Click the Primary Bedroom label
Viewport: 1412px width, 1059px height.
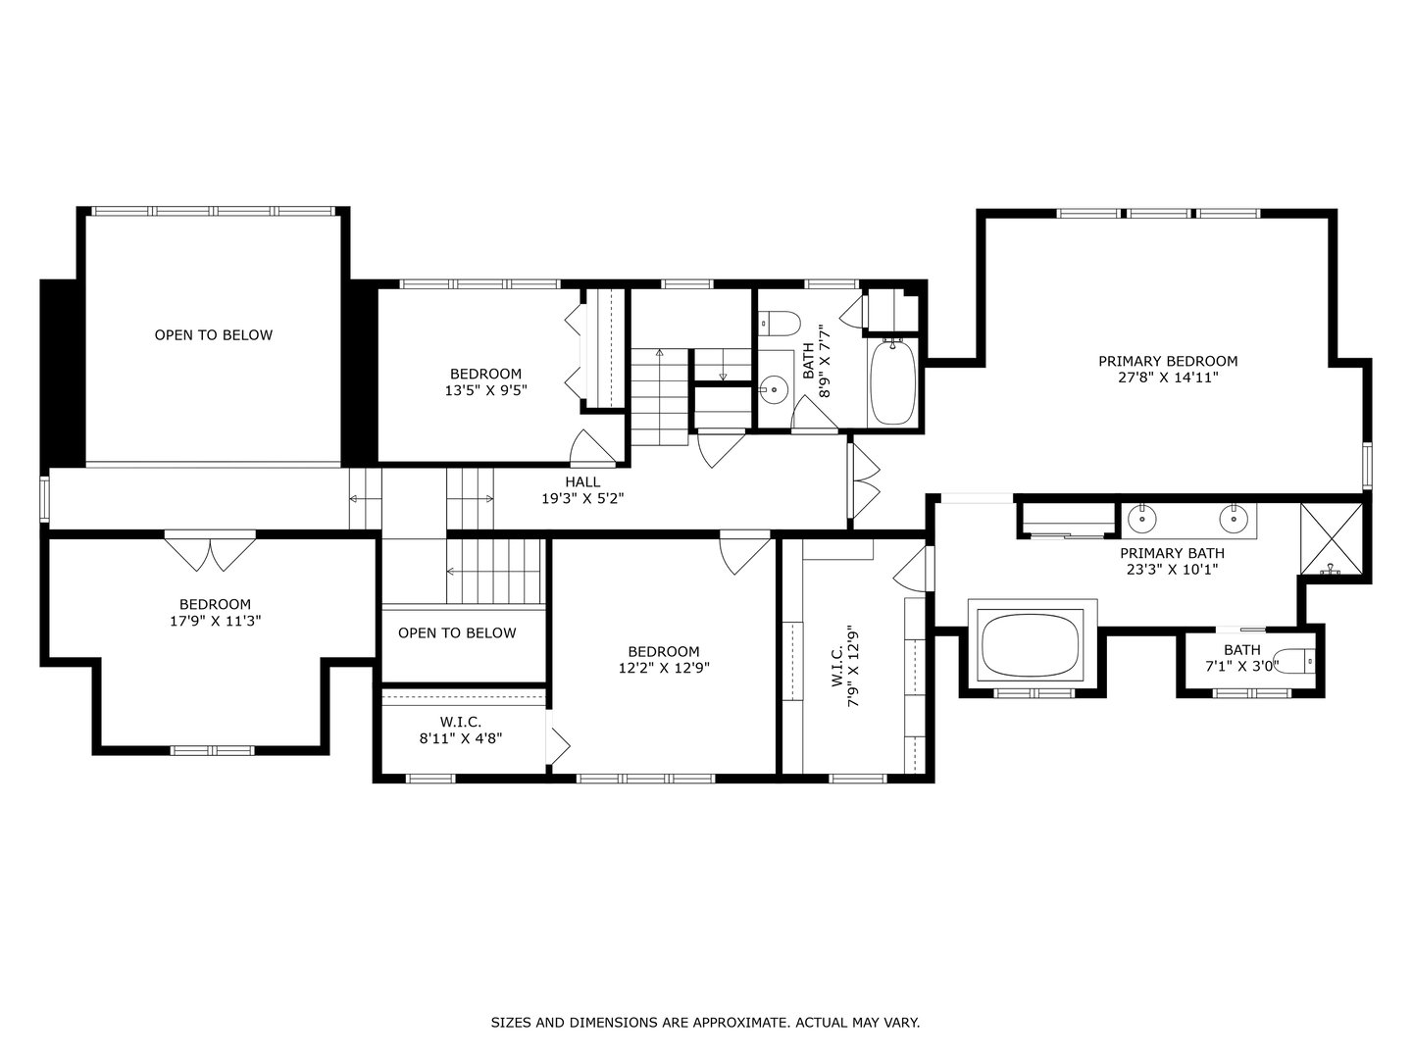click(1167, 361)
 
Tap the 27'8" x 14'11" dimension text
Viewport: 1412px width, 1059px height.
click(1167, 377)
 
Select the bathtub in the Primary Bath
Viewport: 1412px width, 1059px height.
click(1033, 643)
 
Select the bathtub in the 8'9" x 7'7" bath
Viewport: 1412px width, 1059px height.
click(892, 382)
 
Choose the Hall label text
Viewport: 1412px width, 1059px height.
click(582, 482)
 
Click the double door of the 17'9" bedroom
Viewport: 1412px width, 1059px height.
click(210, 550)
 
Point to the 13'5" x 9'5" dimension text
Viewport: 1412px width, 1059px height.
click(485, 389)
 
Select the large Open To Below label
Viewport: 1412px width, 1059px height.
click(214, 335)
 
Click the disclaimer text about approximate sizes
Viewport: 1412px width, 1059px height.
click(705, 1023)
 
